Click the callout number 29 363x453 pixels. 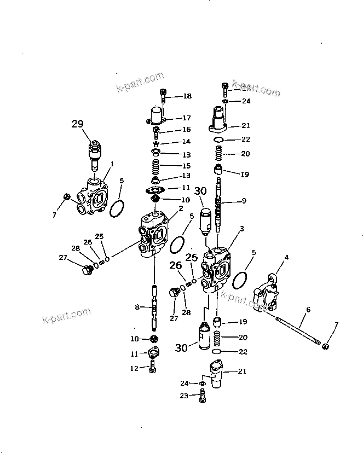77,124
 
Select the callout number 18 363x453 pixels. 187,96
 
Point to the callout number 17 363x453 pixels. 187,118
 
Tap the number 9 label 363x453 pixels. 244,201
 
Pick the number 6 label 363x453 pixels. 308,310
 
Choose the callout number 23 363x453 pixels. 185,395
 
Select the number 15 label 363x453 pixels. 187,165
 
